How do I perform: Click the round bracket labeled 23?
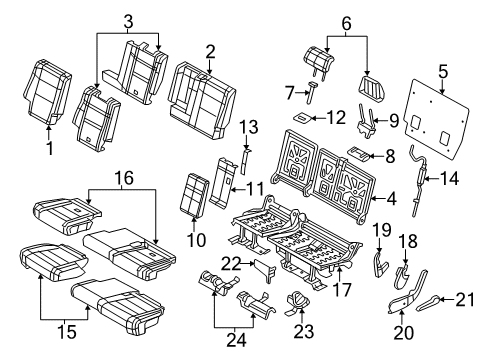[x=298, y=299]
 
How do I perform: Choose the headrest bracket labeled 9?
[x=379, y=125]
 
